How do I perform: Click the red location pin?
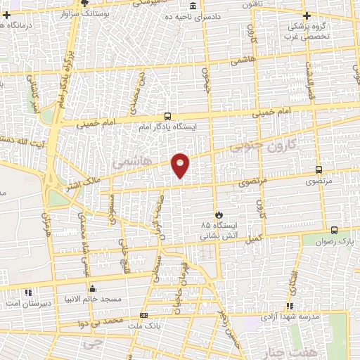pos(181,165)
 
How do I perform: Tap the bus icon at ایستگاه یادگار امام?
pos(167,115)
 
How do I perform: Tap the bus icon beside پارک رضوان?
pos(333,229)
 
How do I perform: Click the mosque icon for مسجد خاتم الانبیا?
pos(93,288)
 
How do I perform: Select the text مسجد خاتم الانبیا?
pos(91,300)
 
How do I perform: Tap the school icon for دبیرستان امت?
pos(28,291)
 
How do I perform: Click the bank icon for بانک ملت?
pos(143,316)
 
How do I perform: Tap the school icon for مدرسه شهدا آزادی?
pos(290,306)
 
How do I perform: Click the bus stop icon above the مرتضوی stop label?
pos(319,169)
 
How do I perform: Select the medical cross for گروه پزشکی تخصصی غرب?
pos(304,15)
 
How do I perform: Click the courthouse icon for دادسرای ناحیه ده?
pos(193,5)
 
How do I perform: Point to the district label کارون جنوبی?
pos(264,144)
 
